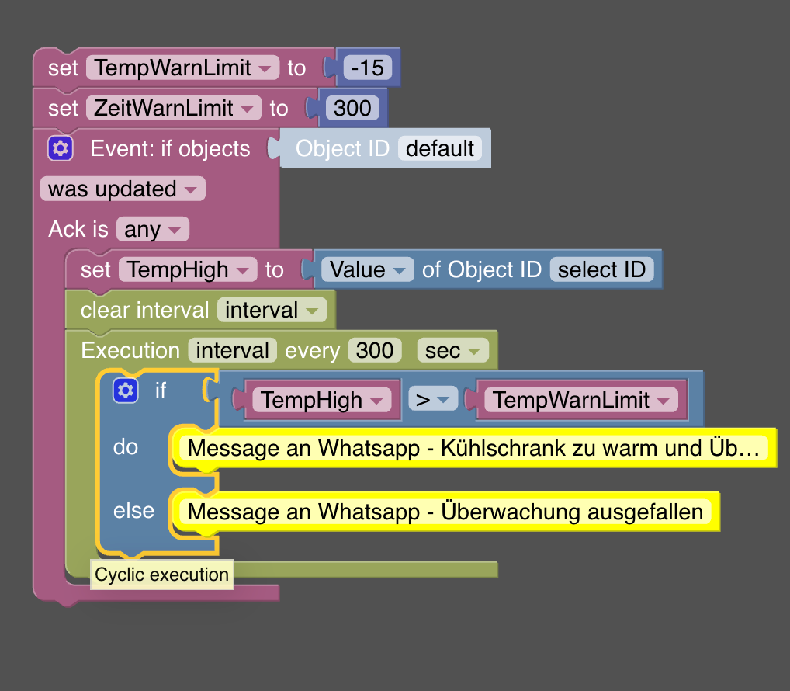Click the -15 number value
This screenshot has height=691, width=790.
coord(367,68)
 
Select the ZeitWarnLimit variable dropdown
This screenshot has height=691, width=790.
coord(174,109)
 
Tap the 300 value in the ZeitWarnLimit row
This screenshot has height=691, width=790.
coord(352,109)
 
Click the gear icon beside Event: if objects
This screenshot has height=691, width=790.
coord(61,148)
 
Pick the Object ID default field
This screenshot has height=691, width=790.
coord(439,148)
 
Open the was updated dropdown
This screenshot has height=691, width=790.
coord(122,189)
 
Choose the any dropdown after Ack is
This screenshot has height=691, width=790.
coord(152,230)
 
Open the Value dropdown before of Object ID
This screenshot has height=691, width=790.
coord(367,270)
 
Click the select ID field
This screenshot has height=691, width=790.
coord(601,270)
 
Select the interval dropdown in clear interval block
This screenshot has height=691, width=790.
coord(271,311)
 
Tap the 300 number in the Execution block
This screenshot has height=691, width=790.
coord(375,351)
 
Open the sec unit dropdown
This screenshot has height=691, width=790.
coord(452,351)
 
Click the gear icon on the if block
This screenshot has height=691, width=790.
coord(125,391)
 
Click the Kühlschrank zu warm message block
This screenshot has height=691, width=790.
coord(473,449)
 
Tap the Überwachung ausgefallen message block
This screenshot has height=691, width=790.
coord(445,512)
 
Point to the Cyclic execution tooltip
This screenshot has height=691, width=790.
coord(162,575)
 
